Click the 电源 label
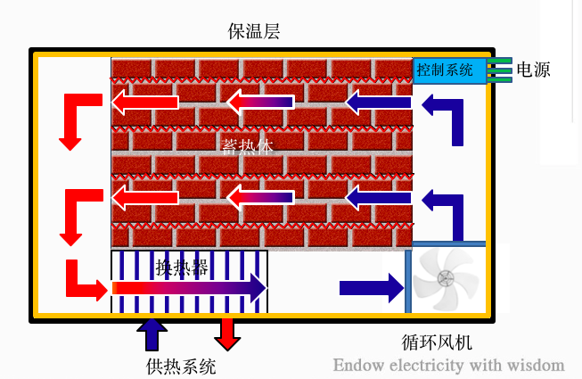click(534, 69)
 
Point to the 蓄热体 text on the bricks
click(245, 147)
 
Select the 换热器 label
click(183, 267)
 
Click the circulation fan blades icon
click(447, 278)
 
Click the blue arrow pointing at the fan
click(371, 287)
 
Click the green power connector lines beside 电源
click(499, 70)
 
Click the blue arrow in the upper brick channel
click(378, 103)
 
